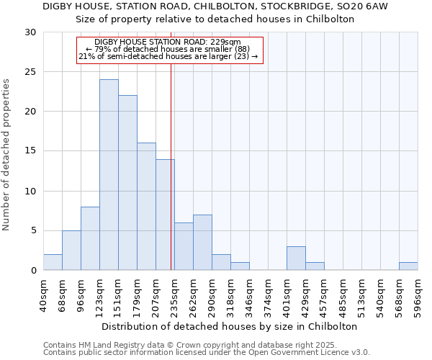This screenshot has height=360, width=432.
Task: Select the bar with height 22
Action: [x=127, y=183]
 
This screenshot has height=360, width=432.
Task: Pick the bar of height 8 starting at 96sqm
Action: [x=90, y=238]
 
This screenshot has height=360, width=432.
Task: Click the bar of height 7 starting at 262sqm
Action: [x=202, y=243]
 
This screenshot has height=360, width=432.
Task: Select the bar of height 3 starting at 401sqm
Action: [x=296, y=258]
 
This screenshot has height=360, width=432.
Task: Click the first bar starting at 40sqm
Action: [x=53, y=262]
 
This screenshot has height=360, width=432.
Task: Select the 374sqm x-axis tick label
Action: [x=269, y=296]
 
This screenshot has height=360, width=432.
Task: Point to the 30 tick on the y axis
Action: [x=30, y=32]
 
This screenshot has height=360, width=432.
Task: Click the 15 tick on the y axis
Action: [x=30, y=151]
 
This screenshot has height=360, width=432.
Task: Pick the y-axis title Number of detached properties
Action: [x=6, y=155]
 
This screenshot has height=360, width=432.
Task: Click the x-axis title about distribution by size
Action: [x=230, y=326]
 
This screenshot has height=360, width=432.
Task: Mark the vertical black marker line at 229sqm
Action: [x=171, y=166]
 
